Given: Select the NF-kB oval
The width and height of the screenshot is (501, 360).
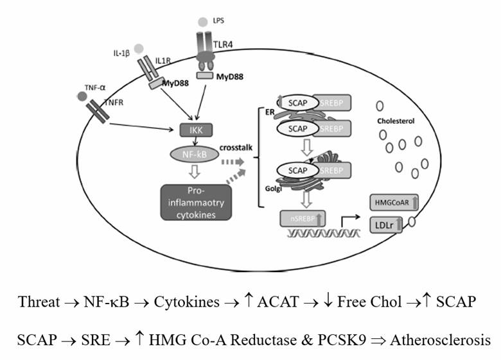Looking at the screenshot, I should pos(193,155).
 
